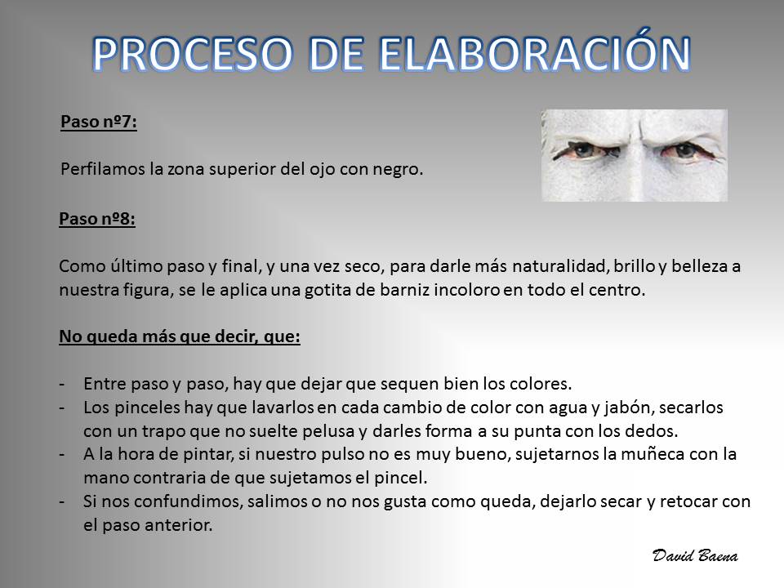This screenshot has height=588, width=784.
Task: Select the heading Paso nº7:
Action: [99, 122]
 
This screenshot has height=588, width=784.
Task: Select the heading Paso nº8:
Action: [97, 219]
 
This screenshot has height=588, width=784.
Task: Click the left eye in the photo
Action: [582, 149]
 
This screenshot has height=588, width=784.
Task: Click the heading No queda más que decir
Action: [180, 336]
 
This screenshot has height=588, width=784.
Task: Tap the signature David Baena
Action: [695, 555]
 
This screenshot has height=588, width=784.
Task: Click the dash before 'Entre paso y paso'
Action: [62, 385]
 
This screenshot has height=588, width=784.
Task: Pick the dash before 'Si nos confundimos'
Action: [62, 501]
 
